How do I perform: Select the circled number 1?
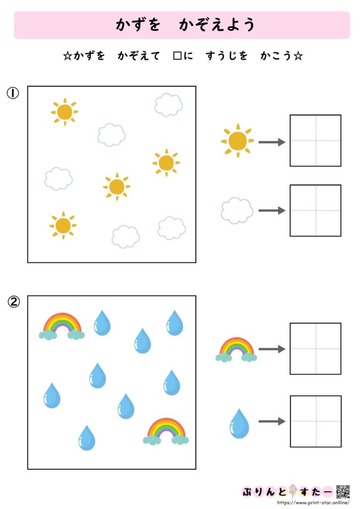(13, 93)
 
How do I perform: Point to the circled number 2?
(13, 302)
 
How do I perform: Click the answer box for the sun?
(315, 141)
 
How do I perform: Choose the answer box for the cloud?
(315, 210)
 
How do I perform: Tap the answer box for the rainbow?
(315, 348)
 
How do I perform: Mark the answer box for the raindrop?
(315, 421)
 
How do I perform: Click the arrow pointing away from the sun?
(271, 142)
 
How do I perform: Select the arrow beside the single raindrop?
(271, 422)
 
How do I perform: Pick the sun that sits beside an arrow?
(237, 141)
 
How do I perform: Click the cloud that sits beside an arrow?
(237, 210)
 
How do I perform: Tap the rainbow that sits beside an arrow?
(236, 349)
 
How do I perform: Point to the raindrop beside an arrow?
(239, 424)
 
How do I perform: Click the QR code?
(343, 491)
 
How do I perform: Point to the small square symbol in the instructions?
(177, 56)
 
